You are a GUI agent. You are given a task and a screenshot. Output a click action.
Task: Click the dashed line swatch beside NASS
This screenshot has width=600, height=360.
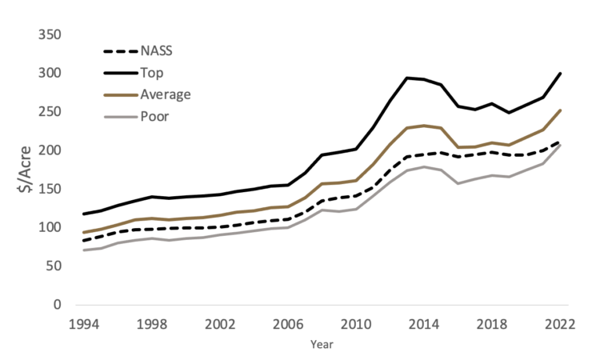pyautogui.click(x=120, y=50)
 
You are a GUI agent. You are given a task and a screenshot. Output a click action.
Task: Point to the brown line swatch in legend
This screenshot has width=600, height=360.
pyautogui.click(x=120, y=94)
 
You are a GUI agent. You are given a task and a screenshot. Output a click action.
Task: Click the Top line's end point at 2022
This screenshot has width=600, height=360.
pyautogui.click(x=559, y=74)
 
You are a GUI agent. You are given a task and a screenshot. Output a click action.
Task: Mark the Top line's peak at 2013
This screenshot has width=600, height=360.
pyautogui.click(x=406, y=78)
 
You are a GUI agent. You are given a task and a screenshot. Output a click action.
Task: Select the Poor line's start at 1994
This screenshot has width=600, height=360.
pyautogui.click(x=82, y=250)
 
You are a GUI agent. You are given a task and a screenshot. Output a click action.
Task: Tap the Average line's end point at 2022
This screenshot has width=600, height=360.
pyautogui.click(x=559, y=110)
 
